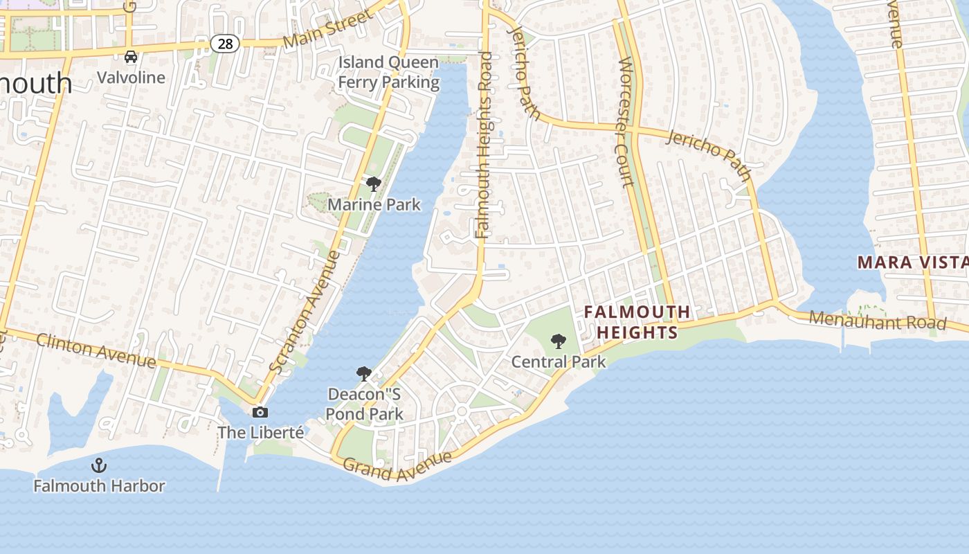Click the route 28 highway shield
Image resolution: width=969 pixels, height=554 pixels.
[225, 44]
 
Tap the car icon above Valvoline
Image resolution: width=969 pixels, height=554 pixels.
[131, 57]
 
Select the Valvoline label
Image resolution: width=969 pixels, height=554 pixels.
[131, 77]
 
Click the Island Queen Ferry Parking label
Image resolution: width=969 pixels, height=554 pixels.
[388, 72]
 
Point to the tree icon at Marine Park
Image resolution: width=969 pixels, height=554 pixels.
[374, 184]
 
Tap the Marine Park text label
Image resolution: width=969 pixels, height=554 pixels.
[374, 204]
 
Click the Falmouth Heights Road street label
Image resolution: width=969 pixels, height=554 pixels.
[484, 145]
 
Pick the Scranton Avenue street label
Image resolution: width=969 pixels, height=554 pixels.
[305, 312]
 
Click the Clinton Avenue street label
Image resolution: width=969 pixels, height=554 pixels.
[96, 350]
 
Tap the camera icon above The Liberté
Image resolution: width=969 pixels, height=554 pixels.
[260, 413]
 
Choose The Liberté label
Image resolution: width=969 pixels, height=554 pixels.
[260, 433]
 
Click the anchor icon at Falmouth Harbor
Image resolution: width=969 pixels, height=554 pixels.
[99, 465]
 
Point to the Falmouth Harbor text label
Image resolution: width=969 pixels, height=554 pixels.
[99, 486]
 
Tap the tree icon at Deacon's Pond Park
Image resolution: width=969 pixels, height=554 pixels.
[364, 375]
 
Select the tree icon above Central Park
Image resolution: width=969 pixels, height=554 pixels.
[559, 341]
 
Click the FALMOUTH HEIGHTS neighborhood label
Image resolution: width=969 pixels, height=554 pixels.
[637, 322]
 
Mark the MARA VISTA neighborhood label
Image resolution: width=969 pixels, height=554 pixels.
[912, 262]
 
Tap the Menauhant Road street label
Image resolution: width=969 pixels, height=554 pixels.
[877, 321]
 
